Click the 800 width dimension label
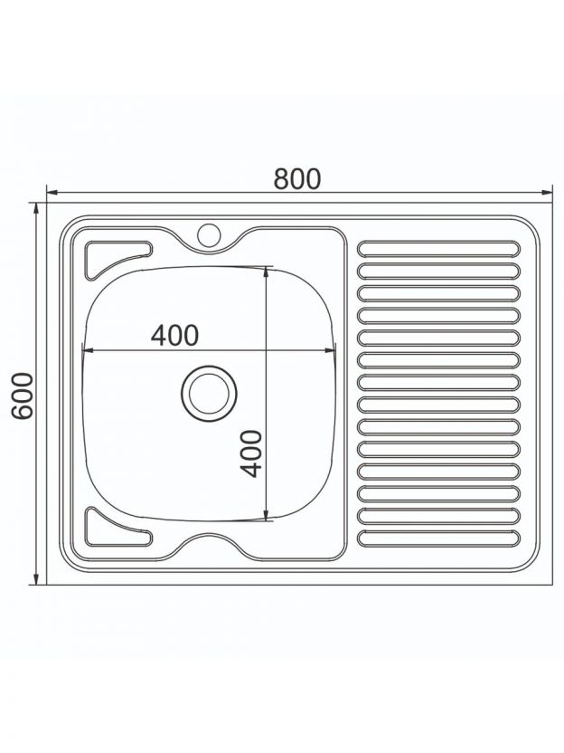tap(296, 178)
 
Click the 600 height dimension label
tap(23, 396)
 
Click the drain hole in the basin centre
tap(209, 394)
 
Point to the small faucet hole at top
tap(209, 234)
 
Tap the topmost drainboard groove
tap(439, 248)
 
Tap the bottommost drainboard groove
tap(439, 538)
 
